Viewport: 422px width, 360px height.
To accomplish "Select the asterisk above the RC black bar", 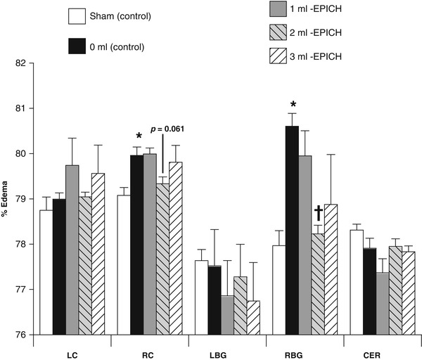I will pyautogui.click(x=139, y=136).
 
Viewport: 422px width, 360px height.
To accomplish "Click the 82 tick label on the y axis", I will pyautogui.click(x=20, y=63).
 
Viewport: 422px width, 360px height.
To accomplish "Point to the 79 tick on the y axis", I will pyautogui.click(x=20, y=199).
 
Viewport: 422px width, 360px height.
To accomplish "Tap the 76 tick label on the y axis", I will pyautogui.click(x=20, y=335).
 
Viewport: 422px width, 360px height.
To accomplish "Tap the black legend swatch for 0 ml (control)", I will pyautogui.click(x=78, y=47).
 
